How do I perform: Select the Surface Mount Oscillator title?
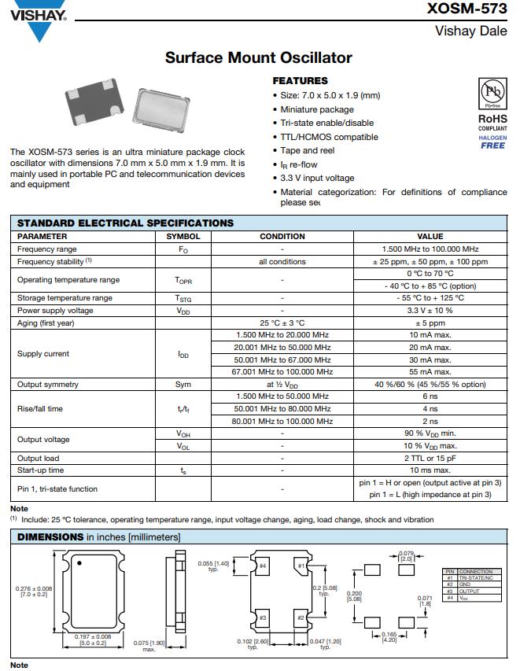coord(259,57)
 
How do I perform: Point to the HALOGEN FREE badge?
coord(492,142)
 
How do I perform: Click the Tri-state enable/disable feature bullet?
coord(326,123)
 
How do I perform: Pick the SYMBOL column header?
coord(183,236)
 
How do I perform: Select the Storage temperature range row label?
coord(65,298)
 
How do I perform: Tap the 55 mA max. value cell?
coord(430,371)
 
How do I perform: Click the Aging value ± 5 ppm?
coord(430,323)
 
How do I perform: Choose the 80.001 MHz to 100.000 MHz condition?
coord(282,421)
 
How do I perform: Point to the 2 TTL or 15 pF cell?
coord(430,458)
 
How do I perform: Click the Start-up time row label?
coord(41,470)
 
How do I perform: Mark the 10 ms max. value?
coord(430,470)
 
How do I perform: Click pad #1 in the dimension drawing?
coord(301,566)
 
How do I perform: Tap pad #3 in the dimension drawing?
coord(264,618)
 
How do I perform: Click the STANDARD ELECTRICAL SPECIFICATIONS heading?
coord(125,223)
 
